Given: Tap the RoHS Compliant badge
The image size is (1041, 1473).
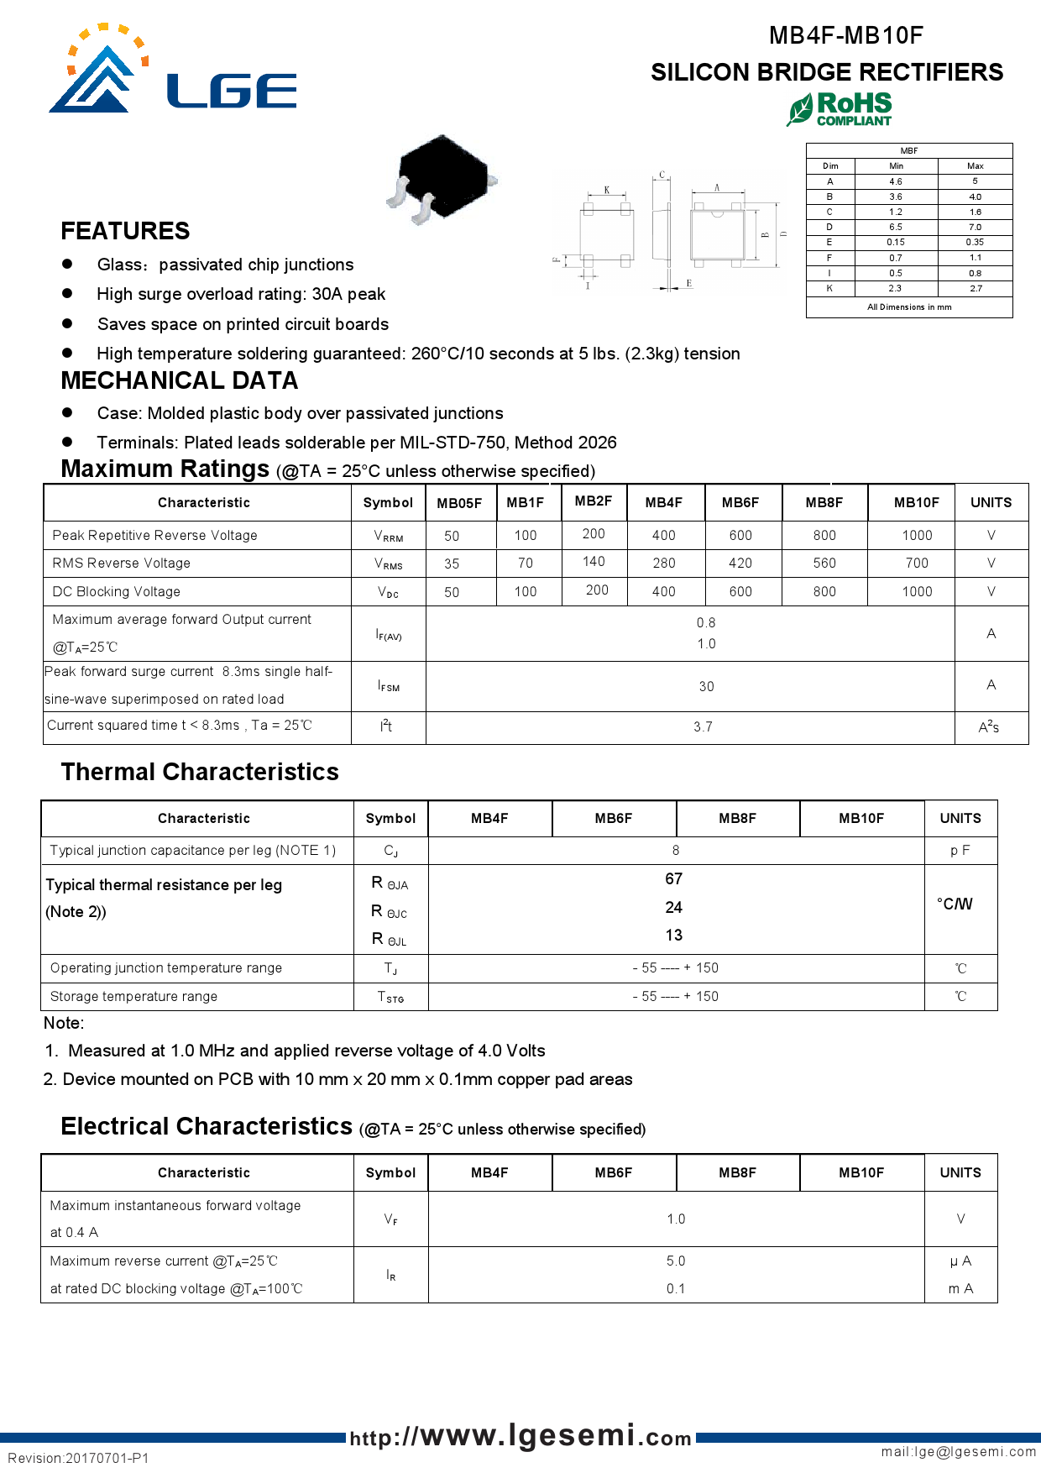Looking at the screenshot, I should click(x=840, y=109).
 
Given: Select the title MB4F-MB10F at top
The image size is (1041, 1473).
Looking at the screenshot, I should click(x=845, y=35).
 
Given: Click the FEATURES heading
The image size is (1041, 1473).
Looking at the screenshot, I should click(x=125, y=231).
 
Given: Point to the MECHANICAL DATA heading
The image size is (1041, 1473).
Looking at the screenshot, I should click(x=180, y=380).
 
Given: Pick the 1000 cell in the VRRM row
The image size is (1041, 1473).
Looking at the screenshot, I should click(x=917, y=535).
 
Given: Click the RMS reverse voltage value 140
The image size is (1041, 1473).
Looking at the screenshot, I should click(x=594, y=561).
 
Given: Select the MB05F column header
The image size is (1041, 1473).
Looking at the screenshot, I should click(x=459, y=503).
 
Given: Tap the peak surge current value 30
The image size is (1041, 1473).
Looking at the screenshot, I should click(x=706, y=686).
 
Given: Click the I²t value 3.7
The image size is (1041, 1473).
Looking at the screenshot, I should click(x=703, y=726).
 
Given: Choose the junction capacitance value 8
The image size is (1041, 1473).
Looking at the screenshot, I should click(x=676, y=850).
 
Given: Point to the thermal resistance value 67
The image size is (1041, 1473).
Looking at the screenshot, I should click(x=673, y=878).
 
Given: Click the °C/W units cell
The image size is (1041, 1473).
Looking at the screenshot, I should click(x=955, y=904).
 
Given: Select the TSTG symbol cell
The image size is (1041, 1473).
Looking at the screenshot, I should click(x=390, y=997).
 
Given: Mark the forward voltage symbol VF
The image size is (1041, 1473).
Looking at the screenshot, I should click(x=390, y=1219).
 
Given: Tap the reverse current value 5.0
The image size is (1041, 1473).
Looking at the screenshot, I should click(x=676, y=1261).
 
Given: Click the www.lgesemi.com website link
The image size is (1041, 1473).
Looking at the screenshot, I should click(x=520, y=1436).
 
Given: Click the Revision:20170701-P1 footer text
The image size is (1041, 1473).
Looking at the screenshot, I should click(x=78, y=1458).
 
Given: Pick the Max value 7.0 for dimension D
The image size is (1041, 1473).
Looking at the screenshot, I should click(x=975, y=227).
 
